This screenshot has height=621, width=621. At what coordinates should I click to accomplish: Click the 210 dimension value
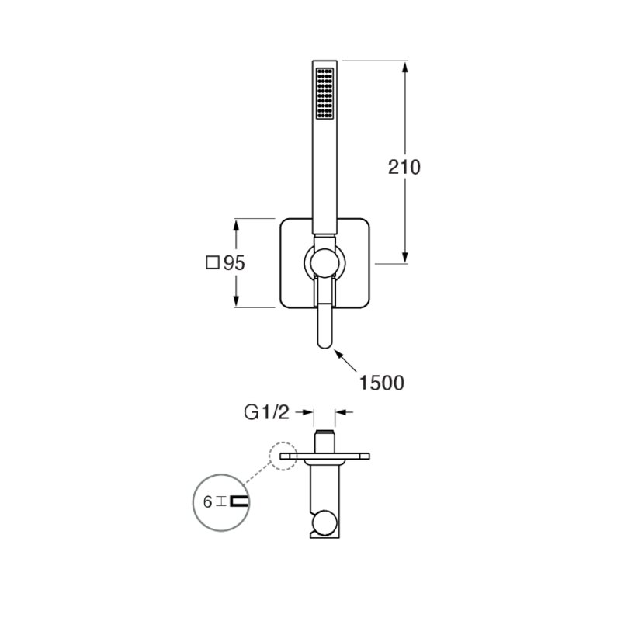[404, 167]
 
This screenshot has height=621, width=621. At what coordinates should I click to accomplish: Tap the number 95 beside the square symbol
[234, 263]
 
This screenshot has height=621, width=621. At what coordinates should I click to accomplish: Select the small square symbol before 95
[213, 262]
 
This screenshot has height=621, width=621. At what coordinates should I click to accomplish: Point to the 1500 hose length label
[381, 383]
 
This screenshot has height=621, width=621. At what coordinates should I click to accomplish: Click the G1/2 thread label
[266, 413]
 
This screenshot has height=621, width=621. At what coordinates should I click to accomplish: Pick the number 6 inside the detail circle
[207, 502]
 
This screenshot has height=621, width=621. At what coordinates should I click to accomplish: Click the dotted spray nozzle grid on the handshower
[324, 93]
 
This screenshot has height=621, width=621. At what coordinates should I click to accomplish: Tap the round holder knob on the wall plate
[324, 262]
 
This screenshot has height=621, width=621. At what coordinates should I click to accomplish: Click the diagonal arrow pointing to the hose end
[346, 360]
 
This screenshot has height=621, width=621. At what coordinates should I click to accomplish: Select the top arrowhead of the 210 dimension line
[404, 67]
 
